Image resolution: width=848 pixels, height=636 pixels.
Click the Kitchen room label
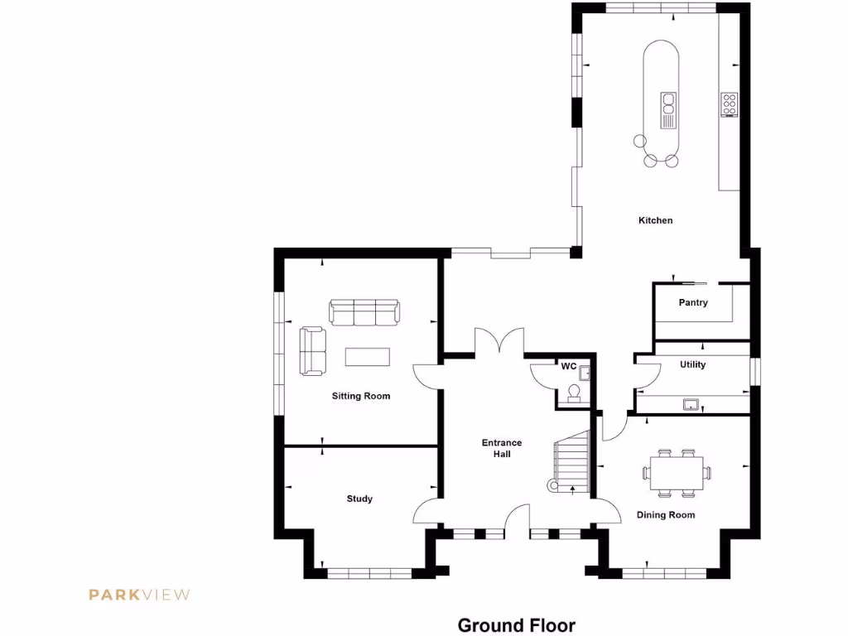pos(655,220)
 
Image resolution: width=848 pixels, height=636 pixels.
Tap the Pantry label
pos(693,302)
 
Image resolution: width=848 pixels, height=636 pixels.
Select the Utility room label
pos(692,364)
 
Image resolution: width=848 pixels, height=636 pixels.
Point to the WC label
pos(569,366)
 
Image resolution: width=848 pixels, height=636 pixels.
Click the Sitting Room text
pos(361,396)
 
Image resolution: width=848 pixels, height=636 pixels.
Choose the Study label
pos(359,499)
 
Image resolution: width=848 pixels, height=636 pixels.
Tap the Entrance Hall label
pos(502,448)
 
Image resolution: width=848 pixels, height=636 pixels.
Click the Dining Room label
pos(666,515)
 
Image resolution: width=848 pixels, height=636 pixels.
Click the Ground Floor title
pos(516,625)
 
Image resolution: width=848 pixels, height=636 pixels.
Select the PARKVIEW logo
pos(140,594)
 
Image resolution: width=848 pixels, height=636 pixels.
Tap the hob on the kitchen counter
pos(730,105)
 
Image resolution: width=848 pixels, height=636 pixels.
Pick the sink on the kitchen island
pos(667,109)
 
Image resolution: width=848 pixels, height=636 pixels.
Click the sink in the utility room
pos(691,404)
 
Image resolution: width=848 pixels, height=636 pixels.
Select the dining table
pos(677,473)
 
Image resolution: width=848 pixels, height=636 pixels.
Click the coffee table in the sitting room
pos(367,356)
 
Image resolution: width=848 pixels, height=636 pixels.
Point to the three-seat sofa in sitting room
pos(364,312)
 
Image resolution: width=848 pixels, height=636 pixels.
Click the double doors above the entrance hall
pos(499,343)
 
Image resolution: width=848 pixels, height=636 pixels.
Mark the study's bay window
pos(369,572)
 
